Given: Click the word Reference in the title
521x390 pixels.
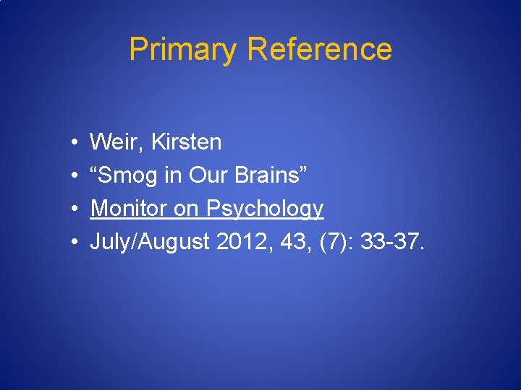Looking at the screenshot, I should coord(319,49).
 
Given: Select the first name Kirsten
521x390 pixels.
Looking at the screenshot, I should coord(187,142).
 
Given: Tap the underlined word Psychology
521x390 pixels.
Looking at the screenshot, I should coord(265,209).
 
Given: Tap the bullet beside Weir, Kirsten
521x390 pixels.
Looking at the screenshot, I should coord(75,142).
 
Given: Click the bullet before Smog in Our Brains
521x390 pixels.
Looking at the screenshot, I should coord(75,175).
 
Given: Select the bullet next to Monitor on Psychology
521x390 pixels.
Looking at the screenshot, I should coord(75,209).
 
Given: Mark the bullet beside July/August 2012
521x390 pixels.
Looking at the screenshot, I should coord(75,242).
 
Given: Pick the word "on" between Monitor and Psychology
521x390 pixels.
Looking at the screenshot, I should coord(189,209).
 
